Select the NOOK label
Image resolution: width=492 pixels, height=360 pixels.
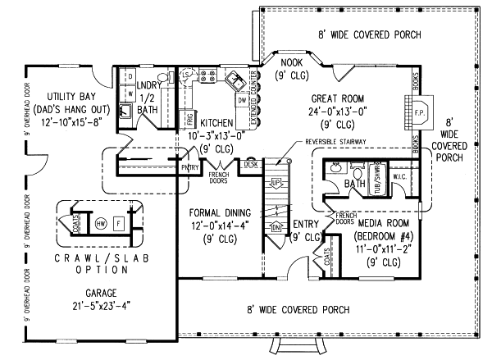292,62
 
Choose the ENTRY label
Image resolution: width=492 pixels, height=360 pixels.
305,224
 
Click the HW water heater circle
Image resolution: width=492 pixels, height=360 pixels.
101,222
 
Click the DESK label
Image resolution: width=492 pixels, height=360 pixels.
251,165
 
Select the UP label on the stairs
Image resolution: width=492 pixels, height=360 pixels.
277,180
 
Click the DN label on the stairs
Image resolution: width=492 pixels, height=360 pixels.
276,226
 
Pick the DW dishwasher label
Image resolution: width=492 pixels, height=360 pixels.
242,100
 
